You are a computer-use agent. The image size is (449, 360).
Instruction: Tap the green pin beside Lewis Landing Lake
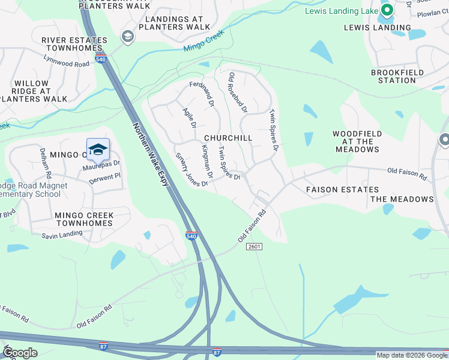(x=387, y=10)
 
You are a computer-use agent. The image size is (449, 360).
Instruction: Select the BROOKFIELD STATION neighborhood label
(x=397, y=76)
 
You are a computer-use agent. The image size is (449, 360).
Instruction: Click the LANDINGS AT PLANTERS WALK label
(x=173, y=23)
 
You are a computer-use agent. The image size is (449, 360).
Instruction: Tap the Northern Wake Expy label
(x=149, y=154)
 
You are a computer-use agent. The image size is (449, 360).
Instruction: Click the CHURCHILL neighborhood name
(x=228, y=138)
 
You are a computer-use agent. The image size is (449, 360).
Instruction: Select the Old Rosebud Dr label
(x=238, y=93)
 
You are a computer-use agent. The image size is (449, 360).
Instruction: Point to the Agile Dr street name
(x=190, y=116)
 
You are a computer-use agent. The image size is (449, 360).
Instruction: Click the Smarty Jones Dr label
(x=191, y=169)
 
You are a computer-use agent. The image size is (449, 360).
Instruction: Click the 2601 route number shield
(x=255, y=247)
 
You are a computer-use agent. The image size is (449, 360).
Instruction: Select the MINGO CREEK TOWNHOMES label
(x=83, y=219)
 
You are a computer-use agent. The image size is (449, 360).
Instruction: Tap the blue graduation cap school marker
(x=98, y=150)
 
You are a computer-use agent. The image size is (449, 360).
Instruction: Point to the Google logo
(x=20, y=353)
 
